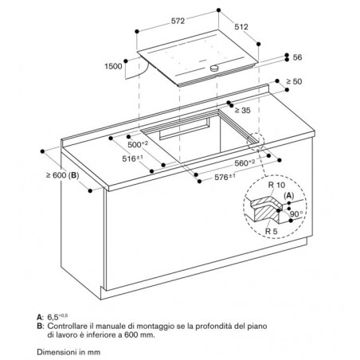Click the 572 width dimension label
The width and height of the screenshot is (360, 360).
(178, 21)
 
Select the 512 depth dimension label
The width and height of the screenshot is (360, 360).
(241, 27)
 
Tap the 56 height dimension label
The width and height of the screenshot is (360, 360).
(297, 57)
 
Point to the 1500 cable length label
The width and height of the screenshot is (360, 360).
(113, 66)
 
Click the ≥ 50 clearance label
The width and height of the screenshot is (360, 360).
(294, 81)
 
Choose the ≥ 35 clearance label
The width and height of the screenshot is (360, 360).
(242, 110)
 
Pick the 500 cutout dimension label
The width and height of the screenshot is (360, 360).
(138, 144)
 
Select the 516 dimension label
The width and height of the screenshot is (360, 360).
(132, 158)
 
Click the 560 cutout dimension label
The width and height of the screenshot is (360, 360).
(245, 163)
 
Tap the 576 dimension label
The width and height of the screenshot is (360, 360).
(225, 177)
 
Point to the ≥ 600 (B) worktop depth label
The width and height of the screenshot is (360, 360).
(63, 175)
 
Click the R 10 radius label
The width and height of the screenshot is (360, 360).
(276, 185)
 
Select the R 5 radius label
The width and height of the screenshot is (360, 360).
(271, 231)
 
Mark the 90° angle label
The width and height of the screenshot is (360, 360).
(296, 214)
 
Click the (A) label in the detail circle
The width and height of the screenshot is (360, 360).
(289, 196)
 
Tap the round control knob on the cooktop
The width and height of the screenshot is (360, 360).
(213, 68)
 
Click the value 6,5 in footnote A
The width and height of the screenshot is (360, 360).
(53, 317)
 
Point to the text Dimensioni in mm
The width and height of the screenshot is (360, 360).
(68, 352)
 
